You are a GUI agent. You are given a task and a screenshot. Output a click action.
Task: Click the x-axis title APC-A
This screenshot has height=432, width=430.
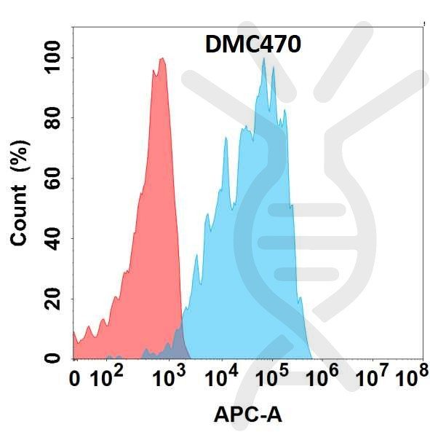tap(247, 415)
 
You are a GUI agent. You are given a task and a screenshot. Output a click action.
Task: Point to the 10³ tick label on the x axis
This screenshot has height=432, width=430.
tap(168, 378)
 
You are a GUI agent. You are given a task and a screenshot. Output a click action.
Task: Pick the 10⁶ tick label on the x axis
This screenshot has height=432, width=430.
tap(324, 378)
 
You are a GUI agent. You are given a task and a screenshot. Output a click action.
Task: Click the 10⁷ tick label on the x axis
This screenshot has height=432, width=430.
tap(374, 378)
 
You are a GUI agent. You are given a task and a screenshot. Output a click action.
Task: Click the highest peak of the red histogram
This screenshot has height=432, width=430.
tap(162, 59)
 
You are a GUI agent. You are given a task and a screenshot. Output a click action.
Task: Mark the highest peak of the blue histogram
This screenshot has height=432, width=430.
tap(263, 59)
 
